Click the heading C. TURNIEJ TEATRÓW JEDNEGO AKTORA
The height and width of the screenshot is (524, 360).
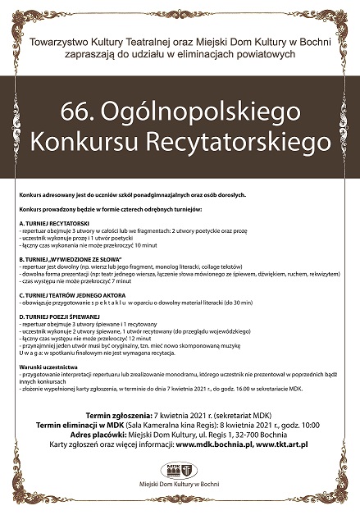point(75,294)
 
